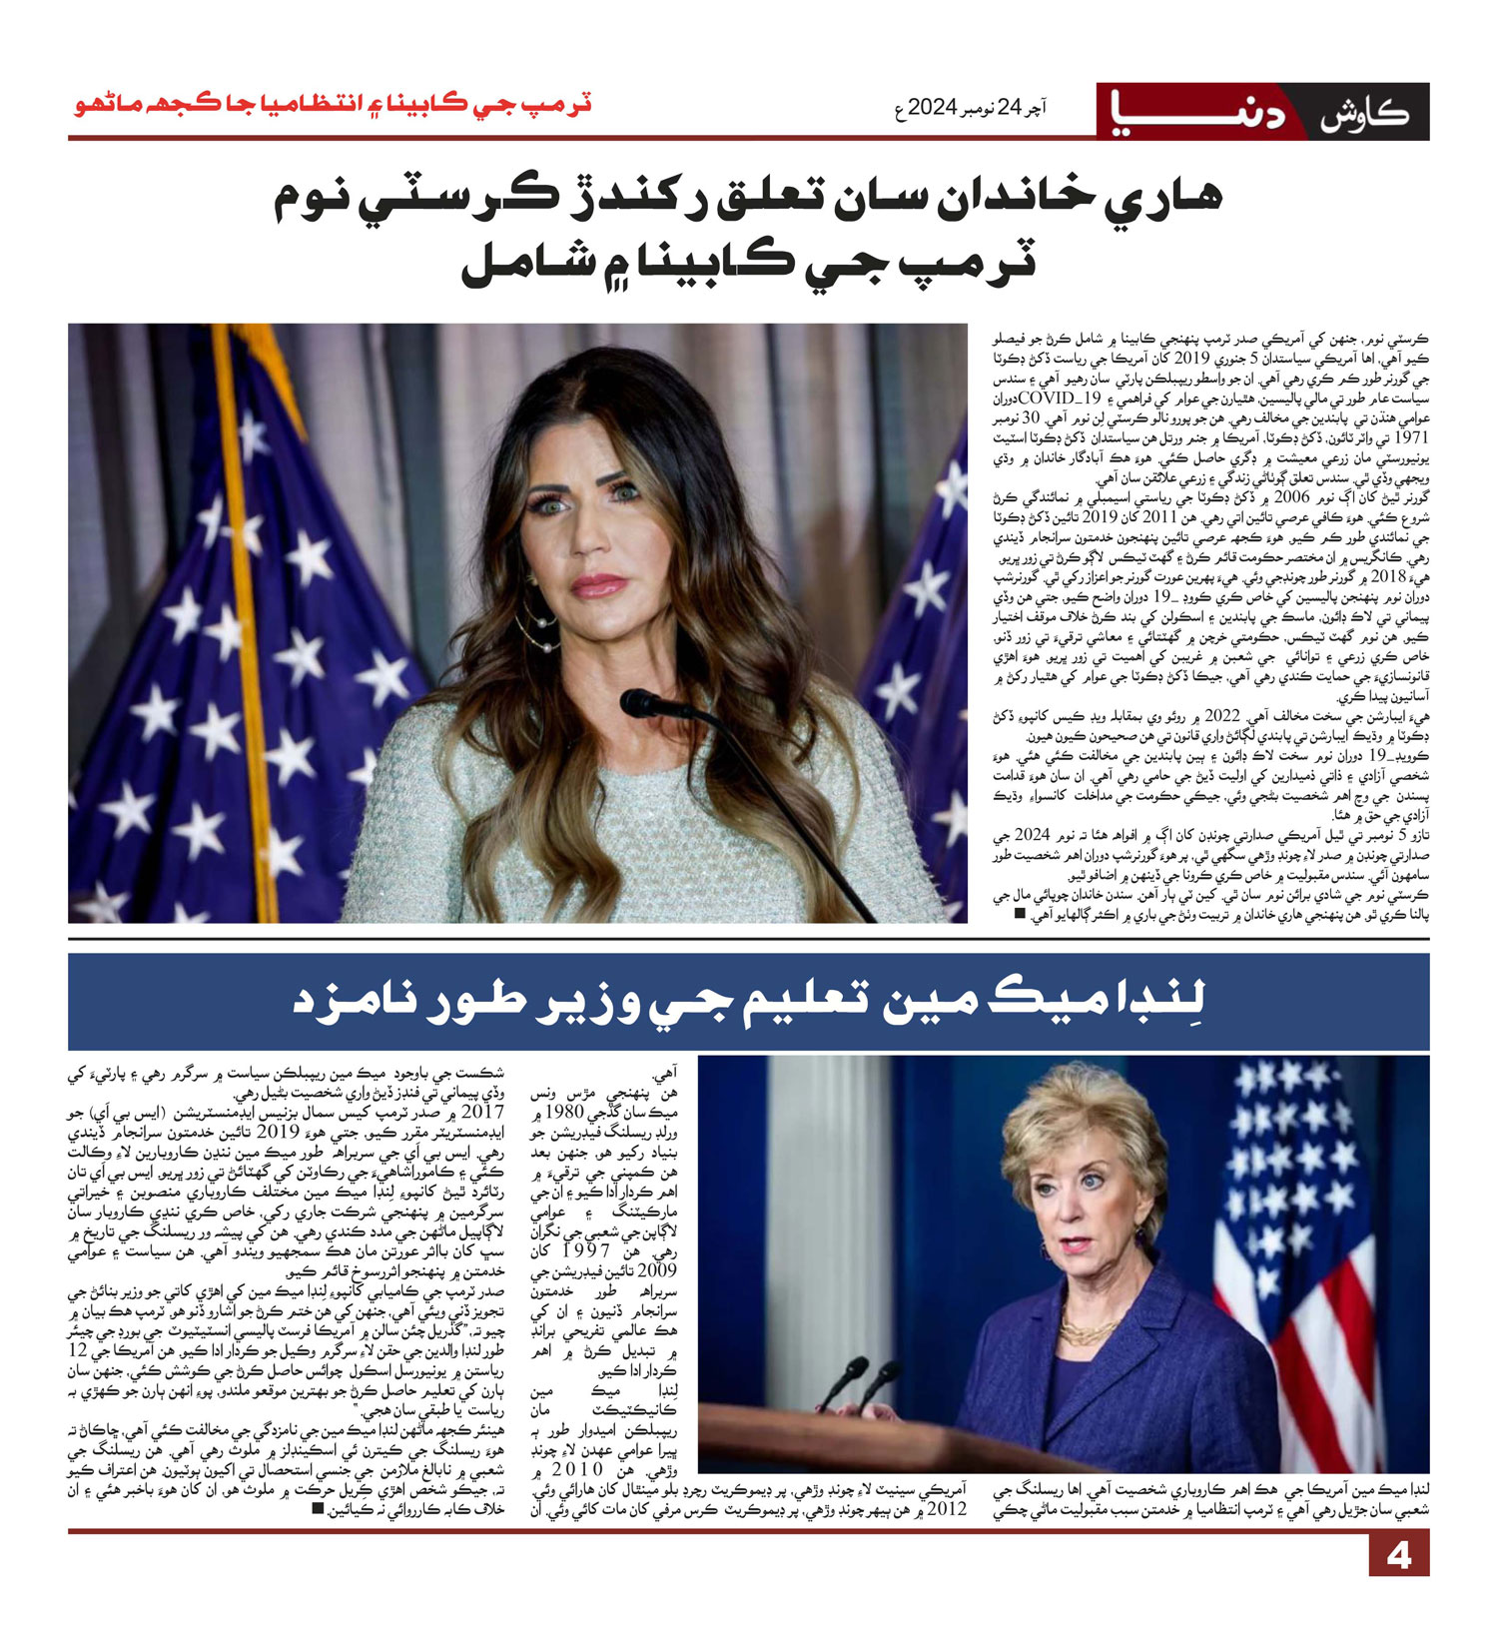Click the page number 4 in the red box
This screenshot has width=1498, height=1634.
(x=1398, y=1556)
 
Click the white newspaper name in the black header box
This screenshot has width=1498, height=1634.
(x=1363, y=113)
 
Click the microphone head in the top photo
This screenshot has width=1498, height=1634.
(x=639, y=702)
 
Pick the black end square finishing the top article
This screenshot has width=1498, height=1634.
(x=1019, y=913)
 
